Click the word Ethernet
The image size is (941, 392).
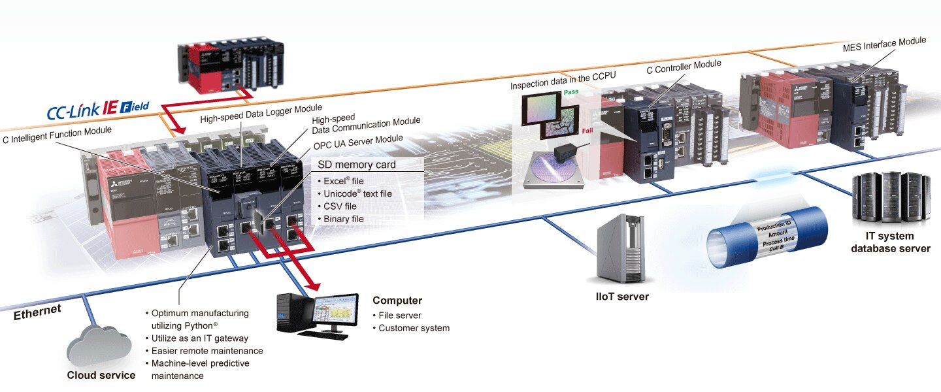click(38, 312)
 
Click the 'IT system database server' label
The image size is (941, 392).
click(891, 242)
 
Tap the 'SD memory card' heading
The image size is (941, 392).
click(356, 165)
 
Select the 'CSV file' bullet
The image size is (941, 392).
click(340, 206)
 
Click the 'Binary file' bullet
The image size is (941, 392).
click(344, 219)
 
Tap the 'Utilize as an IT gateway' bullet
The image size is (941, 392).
click(200, 338)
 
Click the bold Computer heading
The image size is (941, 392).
click(397, 301)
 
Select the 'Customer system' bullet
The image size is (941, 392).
click(414, 328)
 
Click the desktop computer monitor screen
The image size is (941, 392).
click(336, 312)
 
